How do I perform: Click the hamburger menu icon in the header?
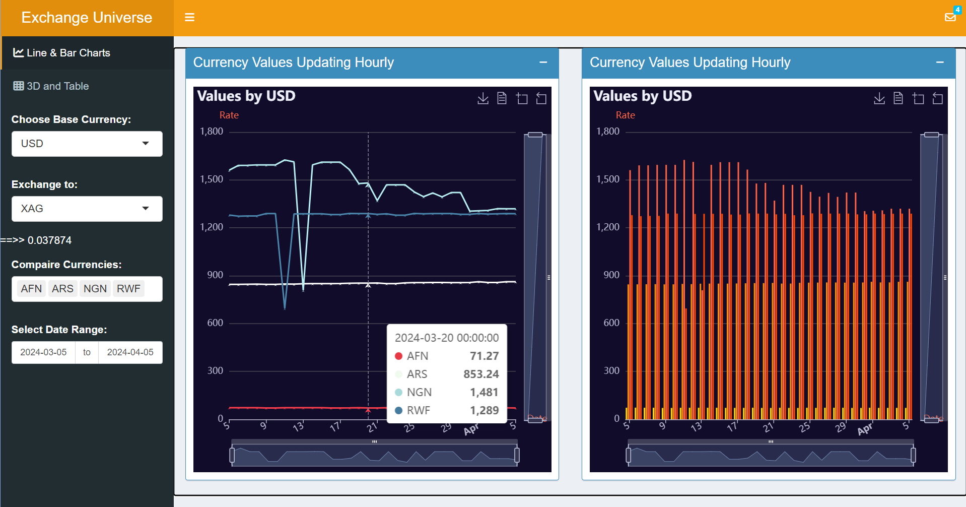tap(189, 18)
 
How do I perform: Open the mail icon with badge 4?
tap(950, 17)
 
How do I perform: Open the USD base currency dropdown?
tap(87, 144)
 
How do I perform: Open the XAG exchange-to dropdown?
tap(87, 209)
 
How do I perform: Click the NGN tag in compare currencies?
tap(95, 289)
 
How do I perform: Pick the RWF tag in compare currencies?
tap(128, 289)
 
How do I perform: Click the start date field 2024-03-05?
tap(43, 352)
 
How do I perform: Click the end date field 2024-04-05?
tap(130, 352)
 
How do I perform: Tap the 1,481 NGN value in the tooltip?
tap(484, 392)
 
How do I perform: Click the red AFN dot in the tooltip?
tap(398, 356)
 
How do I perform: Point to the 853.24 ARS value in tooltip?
tap(481, 374)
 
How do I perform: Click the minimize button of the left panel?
tap(543, 62)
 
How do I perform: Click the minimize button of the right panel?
tap(939, 62)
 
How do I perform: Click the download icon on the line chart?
tap(482, 98)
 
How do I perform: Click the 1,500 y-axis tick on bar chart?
tap(607, 179)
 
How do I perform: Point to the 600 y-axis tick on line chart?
tap(215, 323)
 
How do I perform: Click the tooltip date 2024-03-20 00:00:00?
tap(446, 338)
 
